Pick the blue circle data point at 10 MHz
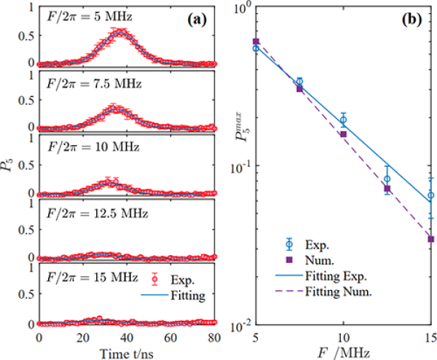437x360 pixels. point(343,120)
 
